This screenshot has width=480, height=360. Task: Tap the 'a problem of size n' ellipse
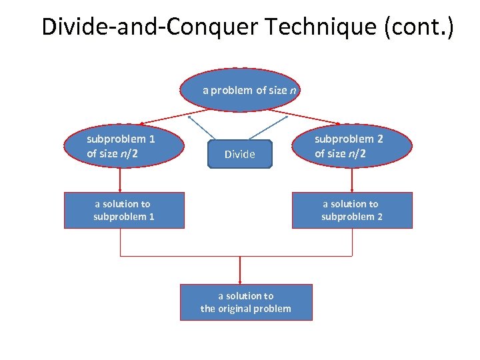(240, 89)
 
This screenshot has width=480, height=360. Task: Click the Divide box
(240, 154)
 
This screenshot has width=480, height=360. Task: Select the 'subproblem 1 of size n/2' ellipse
(124, 146)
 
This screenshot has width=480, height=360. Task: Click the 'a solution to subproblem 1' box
(124, 210)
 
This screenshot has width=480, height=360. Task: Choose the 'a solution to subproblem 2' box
(352, 210)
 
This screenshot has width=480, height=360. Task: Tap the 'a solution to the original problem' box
(246, 302)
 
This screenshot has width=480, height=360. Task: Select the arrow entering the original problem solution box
(239, 271)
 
